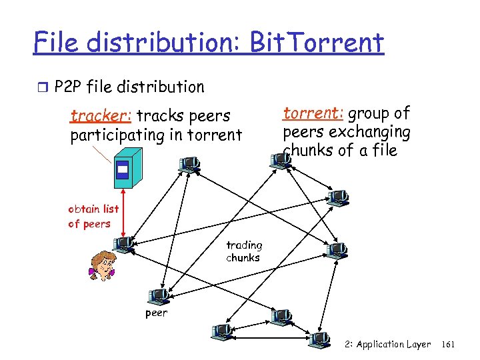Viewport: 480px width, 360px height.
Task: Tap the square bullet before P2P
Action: click(42, 87)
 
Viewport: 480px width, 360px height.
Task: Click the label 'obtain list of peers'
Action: click(93, 216)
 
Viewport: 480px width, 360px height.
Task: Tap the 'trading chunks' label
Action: click(244, 251)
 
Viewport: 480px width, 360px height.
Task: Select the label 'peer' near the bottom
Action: click(157, 313)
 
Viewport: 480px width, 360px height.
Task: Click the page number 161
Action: click(449, 345)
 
